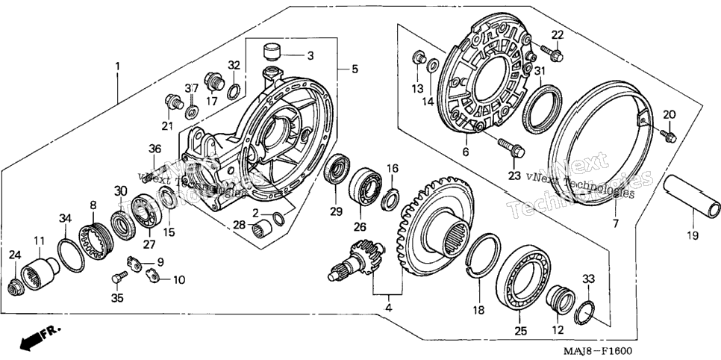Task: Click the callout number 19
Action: click(693, 236)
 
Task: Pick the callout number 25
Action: click(520, 331)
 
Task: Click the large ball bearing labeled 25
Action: click(524, 279)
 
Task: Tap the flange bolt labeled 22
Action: click(552, 52)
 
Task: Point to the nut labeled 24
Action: click(15, 288)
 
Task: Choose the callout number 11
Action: click(39, 240)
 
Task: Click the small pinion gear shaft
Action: click(357, 260)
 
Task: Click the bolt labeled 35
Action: click(119, 277)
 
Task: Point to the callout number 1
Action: click(117, 66)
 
